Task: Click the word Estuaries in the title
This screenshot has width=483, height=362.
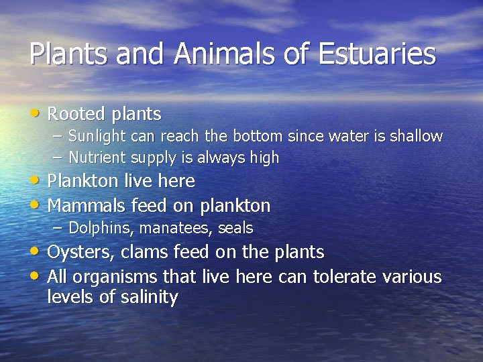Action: [x=377, y=54]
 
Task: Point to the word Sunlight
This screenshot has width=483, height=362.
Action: [x=94, y=137]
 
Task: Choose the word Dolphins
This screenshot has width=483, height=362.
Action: [x=94, y=229]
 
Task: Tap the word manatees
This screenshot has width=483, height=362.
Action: [x=178, y=229]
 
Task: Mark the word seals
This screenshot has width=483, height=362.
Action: [x=235, y=229]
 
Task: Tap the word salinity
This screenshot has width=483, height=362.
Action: [x=149, y=297]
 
